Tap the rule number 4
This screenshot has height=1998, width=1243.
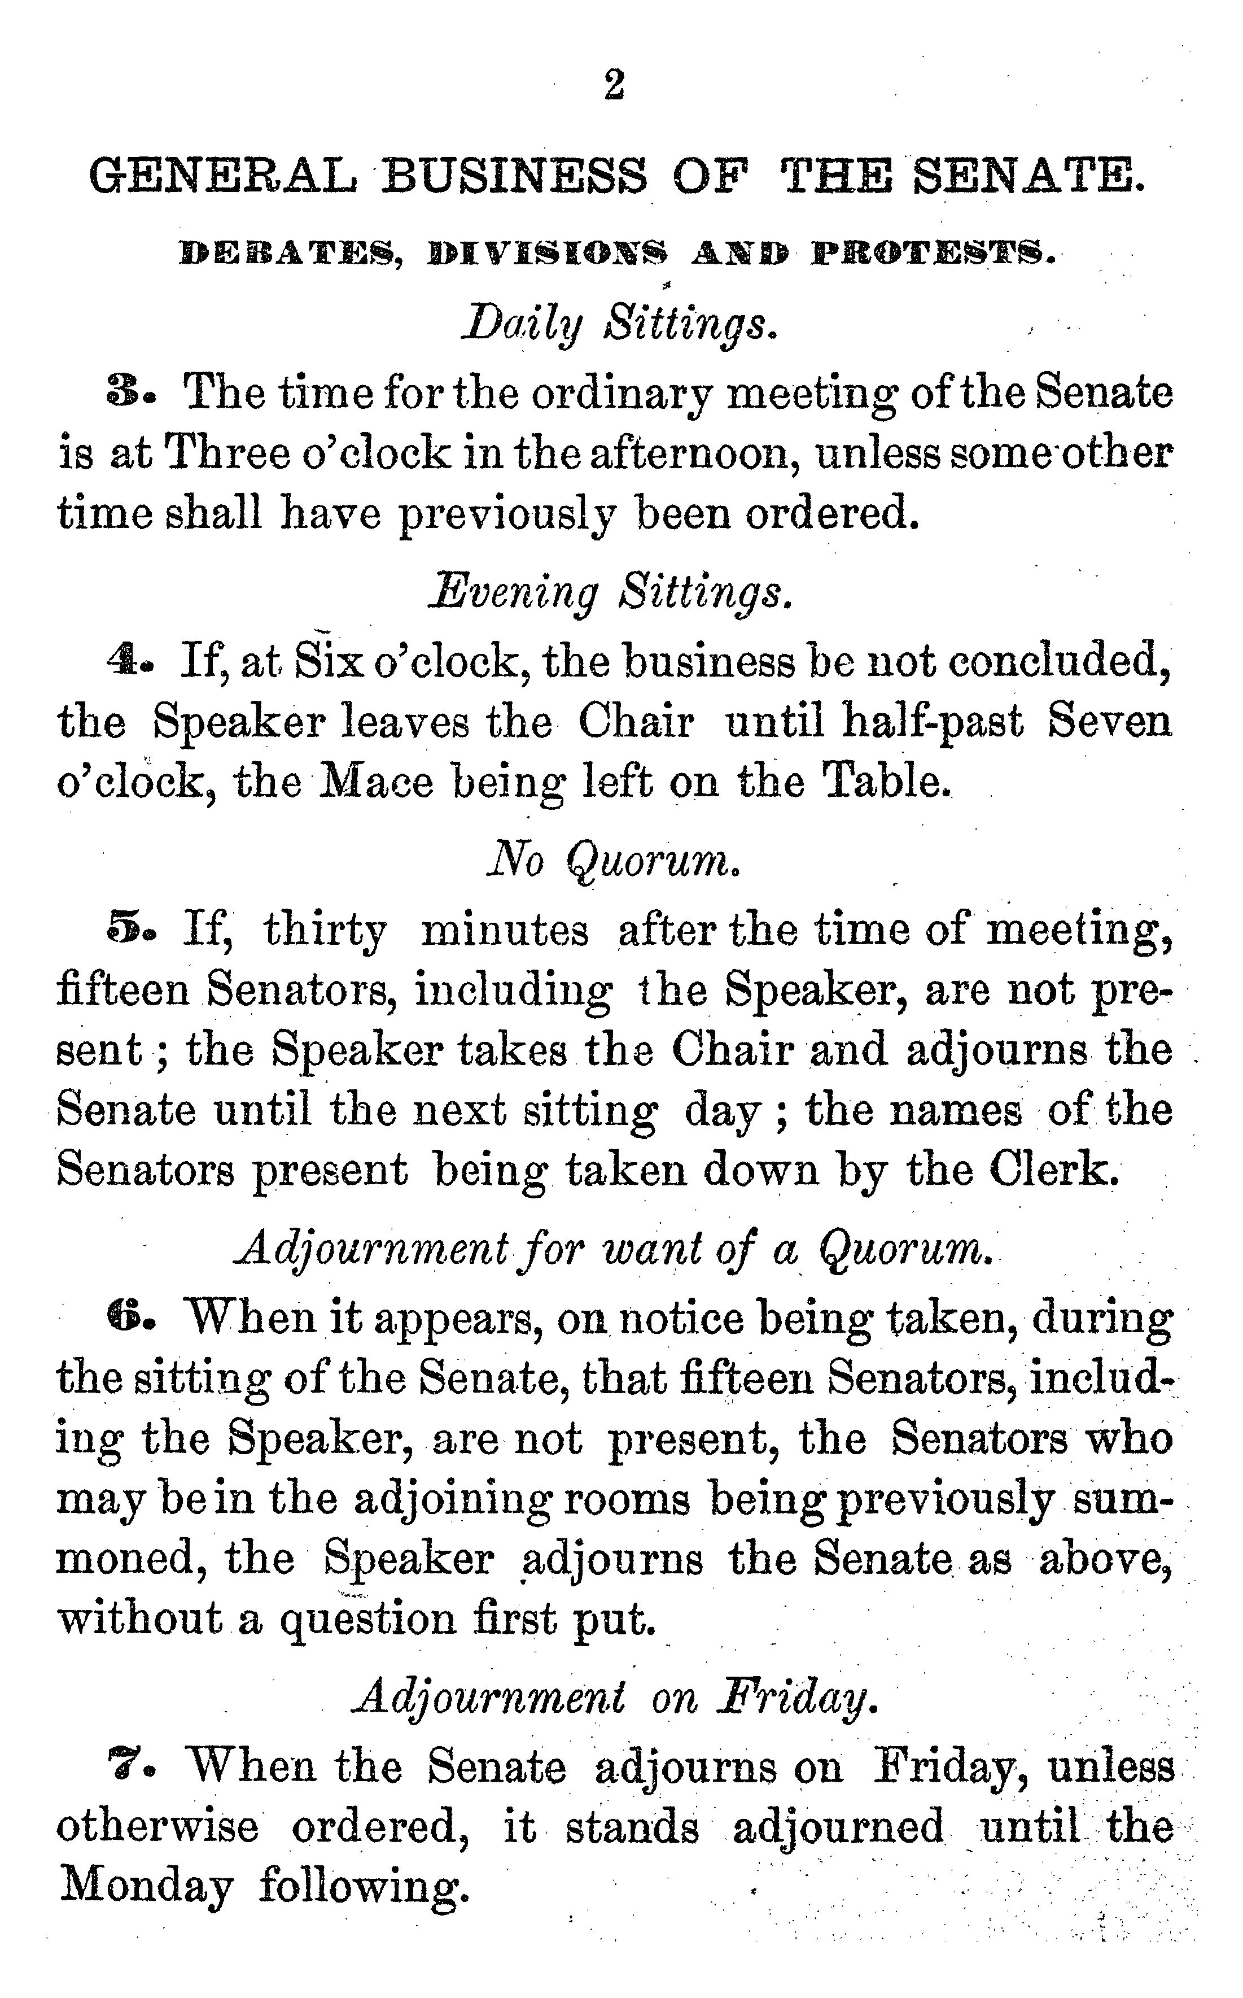click(122, 660)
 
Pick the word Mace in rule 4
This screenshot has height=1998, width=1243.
click(375, 782)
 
